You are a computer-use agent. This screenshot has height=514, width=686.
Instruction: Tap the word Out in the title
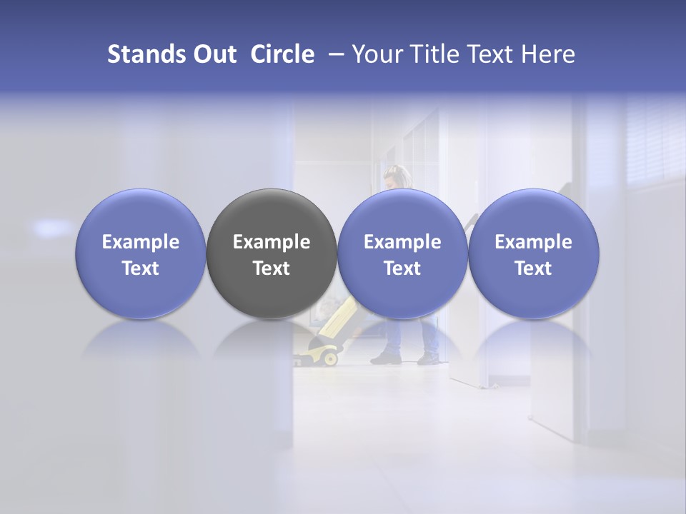point(213,54)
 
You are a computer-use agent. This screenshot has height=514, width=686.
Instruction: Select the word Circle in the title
point(282,54)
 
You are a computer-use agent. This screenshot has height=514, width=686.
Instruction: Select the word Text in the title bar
point(494,54)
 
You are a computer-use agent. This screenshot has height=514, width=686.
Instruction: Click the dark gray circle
point(272,214)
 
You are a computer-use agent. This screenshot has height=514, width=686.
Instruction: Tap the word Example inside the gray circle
point(272,242)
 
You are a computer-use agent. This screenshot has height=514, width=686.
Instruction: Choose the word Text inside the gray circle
point(272,268)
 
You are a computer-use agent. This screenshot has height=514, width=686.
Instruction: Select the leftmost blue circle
point(141,214)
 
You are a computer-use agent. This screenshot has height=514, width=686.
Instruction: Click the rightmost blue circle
point(534,214)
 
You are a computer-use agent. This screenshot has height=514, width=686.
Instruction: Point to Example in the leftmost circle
point(141,242)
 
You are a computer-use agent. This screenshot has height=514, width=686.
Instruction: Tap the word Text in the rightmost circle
point(534,268)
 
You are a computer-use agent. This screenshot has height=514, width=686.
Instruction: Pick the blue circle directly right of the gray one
point(402,214)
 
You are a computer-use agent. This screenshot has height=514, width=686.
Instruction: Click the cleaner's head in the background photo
point(395,176)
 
